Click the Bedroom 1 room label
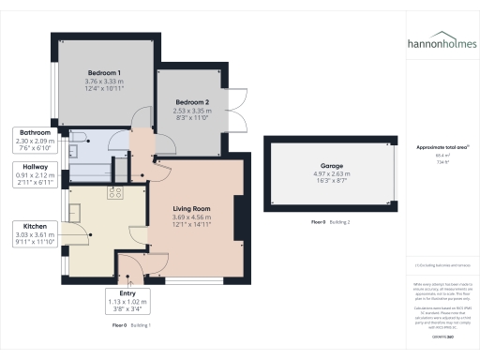105,72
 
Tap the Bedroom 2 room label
191,101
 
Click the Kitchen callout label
30,225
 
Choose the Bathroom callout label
30,132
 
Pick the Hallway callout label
30,167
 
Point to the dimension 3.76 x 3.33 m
105,81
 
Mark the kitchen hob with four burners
117,193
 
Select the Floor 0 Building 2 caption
329,222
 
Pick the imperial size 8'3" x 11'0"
191,117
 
